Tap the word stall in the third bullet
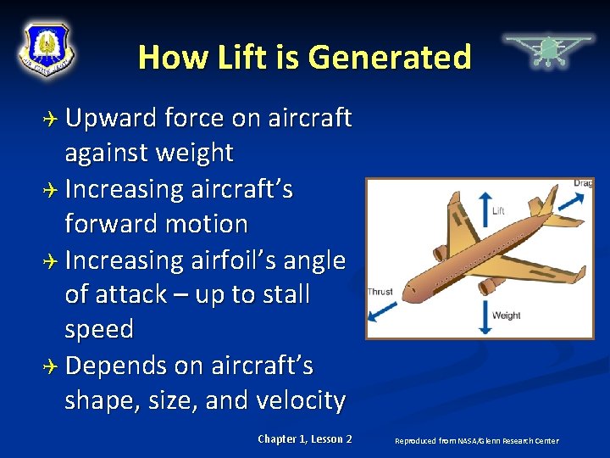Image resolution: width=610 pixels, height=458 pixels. coord(275,294)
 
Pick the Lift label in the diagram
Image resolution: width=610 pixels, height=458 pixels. coord(498,210)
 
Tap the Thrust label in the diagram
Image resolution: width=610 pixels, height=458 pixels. coord(380,292)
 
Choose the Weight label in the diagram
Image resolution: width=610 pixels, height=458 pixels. coord(506,316)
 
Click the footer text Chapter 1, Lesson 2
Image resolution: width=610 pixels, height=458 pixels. coord(305,438)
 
